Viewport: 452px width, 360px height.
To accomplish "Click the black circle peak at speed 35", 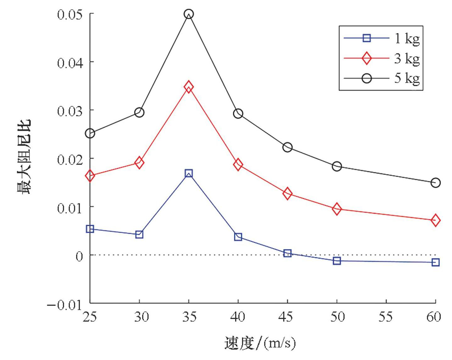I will tap(188, 14).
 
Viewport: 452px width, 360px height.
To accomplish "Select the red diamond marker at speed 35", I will tap(188, 86).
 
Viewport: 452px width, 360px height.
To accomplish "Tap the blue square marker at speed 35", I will tap(188, 173).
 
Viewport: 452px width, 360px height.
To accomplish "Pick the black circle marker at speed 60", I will tap(435, 183).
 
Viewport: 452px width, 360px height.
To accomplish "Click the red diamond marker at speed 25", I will tap(90, 176).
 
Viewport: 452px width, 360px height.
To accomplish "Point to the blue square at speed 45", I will tap(287, 253).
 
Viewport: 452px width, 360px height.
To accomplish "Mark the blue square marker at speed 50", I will tap(337, 261).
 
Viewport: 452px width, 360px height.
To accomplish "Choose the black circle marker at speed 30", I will tap(139, 112).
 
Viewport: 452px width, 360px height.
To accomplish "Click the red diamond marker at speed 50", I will tap(337, 209).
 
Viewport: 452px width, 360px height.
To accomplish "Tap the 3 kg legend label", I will tap(407, 58).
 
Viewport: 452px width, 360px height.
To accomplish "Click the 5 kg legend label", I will tap(407, 78).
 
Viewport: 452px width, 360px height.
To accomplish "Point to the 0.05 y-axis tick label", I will tap(70, 14).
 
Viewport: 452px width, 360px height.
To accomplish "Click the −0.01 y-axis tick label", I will tap(65, 305).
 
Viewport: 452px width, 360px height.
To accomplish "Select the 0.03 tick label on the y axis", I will tap(70, 111).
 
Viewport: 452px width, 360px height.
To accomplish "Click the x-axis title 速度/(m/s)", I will tap(260, 343).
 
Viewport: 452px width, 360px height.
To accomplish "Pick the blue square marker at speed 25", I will tap(90, 229).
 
